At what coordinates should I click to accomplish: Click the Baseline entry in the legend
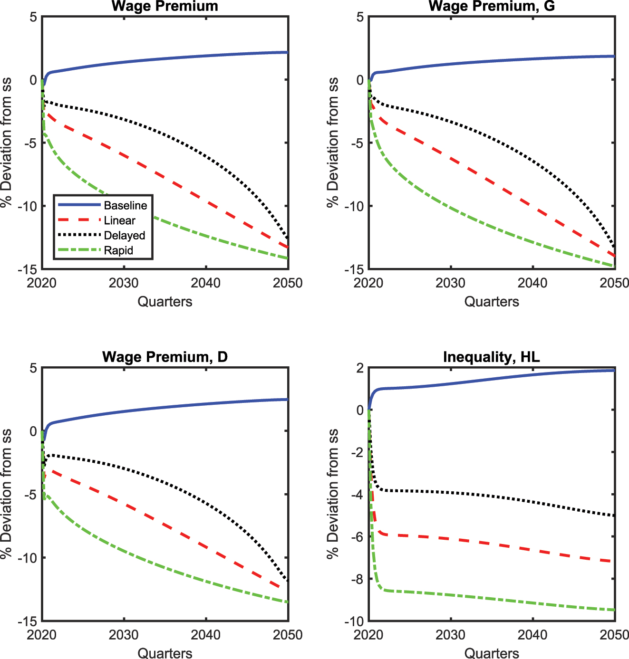point(125,205)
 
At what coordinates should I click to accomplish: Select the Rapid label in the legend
point(118,250)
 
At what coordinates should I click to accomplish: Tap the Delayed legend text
point(124,235)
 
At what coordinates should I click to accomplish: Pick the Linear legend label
point(119,220)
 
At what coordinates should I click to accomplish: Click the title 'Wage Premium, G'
point(491,6)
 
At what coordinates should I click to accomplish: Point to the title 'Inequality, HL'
point(491,357)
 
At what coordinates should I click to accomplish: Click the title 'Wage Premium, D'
point(165,357)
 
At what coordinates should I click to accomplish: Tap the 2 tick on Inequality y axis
point(359,368)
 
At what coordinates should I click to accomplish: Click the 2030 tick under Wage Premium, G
point(450,283)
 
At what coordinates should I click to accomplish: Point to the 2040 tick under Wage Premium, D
point(206,635)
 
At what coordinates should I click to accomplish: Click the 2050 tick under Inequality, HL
point(614,635)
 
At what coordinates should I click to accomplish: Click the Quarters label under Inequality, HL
point(491,653)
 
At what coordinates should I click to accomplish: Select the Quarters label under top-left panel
point(165,302)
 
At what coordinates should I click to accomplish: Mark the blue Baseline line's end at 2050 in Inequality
point(614,370)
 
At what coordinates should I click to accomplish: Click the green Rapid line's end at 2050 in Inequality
point(614,610)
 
